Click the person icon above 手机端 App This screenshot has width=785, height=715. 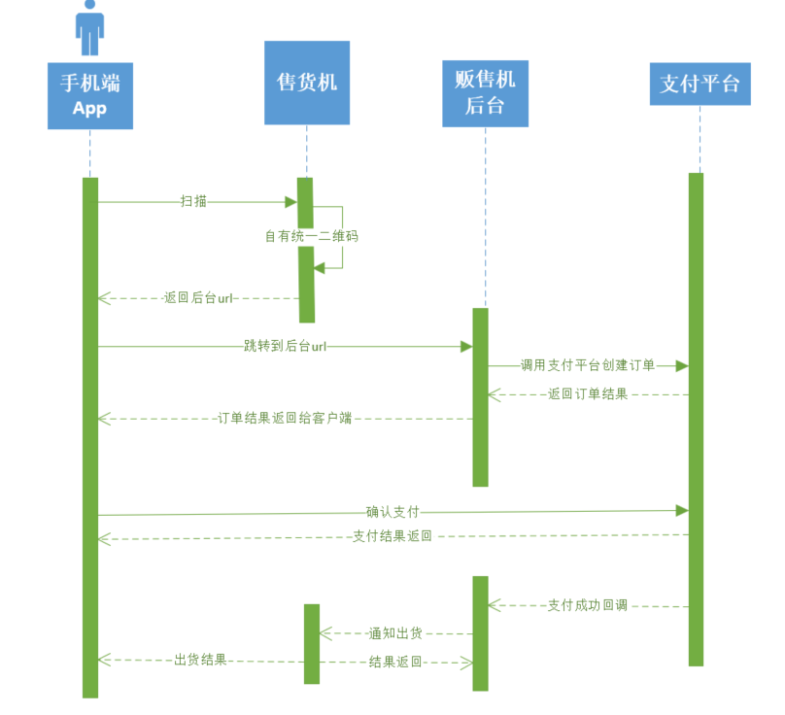[x=90, y=28]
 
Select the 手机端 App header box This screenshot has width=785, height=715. [x=90, y=95]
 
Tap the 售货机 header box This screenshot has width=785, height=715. [x=306, y=83]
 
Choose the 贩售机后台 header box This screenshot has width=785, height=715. [x=485, y=92]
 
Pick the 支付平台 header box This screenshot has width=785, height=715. [x=700, y=83]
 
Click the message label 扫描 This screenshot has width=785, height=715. [x=193, y=201]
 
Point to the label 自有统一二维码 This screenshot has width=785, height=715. [x=305, y=236]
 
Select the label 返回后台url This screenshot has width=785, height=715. [x=198, y=298]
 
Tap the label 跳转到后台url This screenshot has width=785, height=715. [x=285, y=346]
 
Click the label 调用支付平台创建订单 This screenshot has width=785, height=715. [x=587, y=365]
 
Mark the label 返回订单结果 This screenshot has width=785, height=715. [x=587, y=394]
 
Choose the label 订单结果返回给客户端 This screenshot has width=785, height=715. [x=284, y=419]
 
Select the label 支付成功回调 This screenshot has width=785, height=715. [x=587, y=605]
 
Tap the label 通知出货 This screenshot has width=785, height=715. [x=395, y=633]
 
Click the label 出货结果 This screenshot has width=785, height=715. [x=200, y=660]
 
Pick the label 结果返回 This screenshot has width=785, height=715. [x=395, y=662]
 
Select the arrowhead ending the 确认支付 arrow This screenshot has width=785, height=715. [x=682, y=510]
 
